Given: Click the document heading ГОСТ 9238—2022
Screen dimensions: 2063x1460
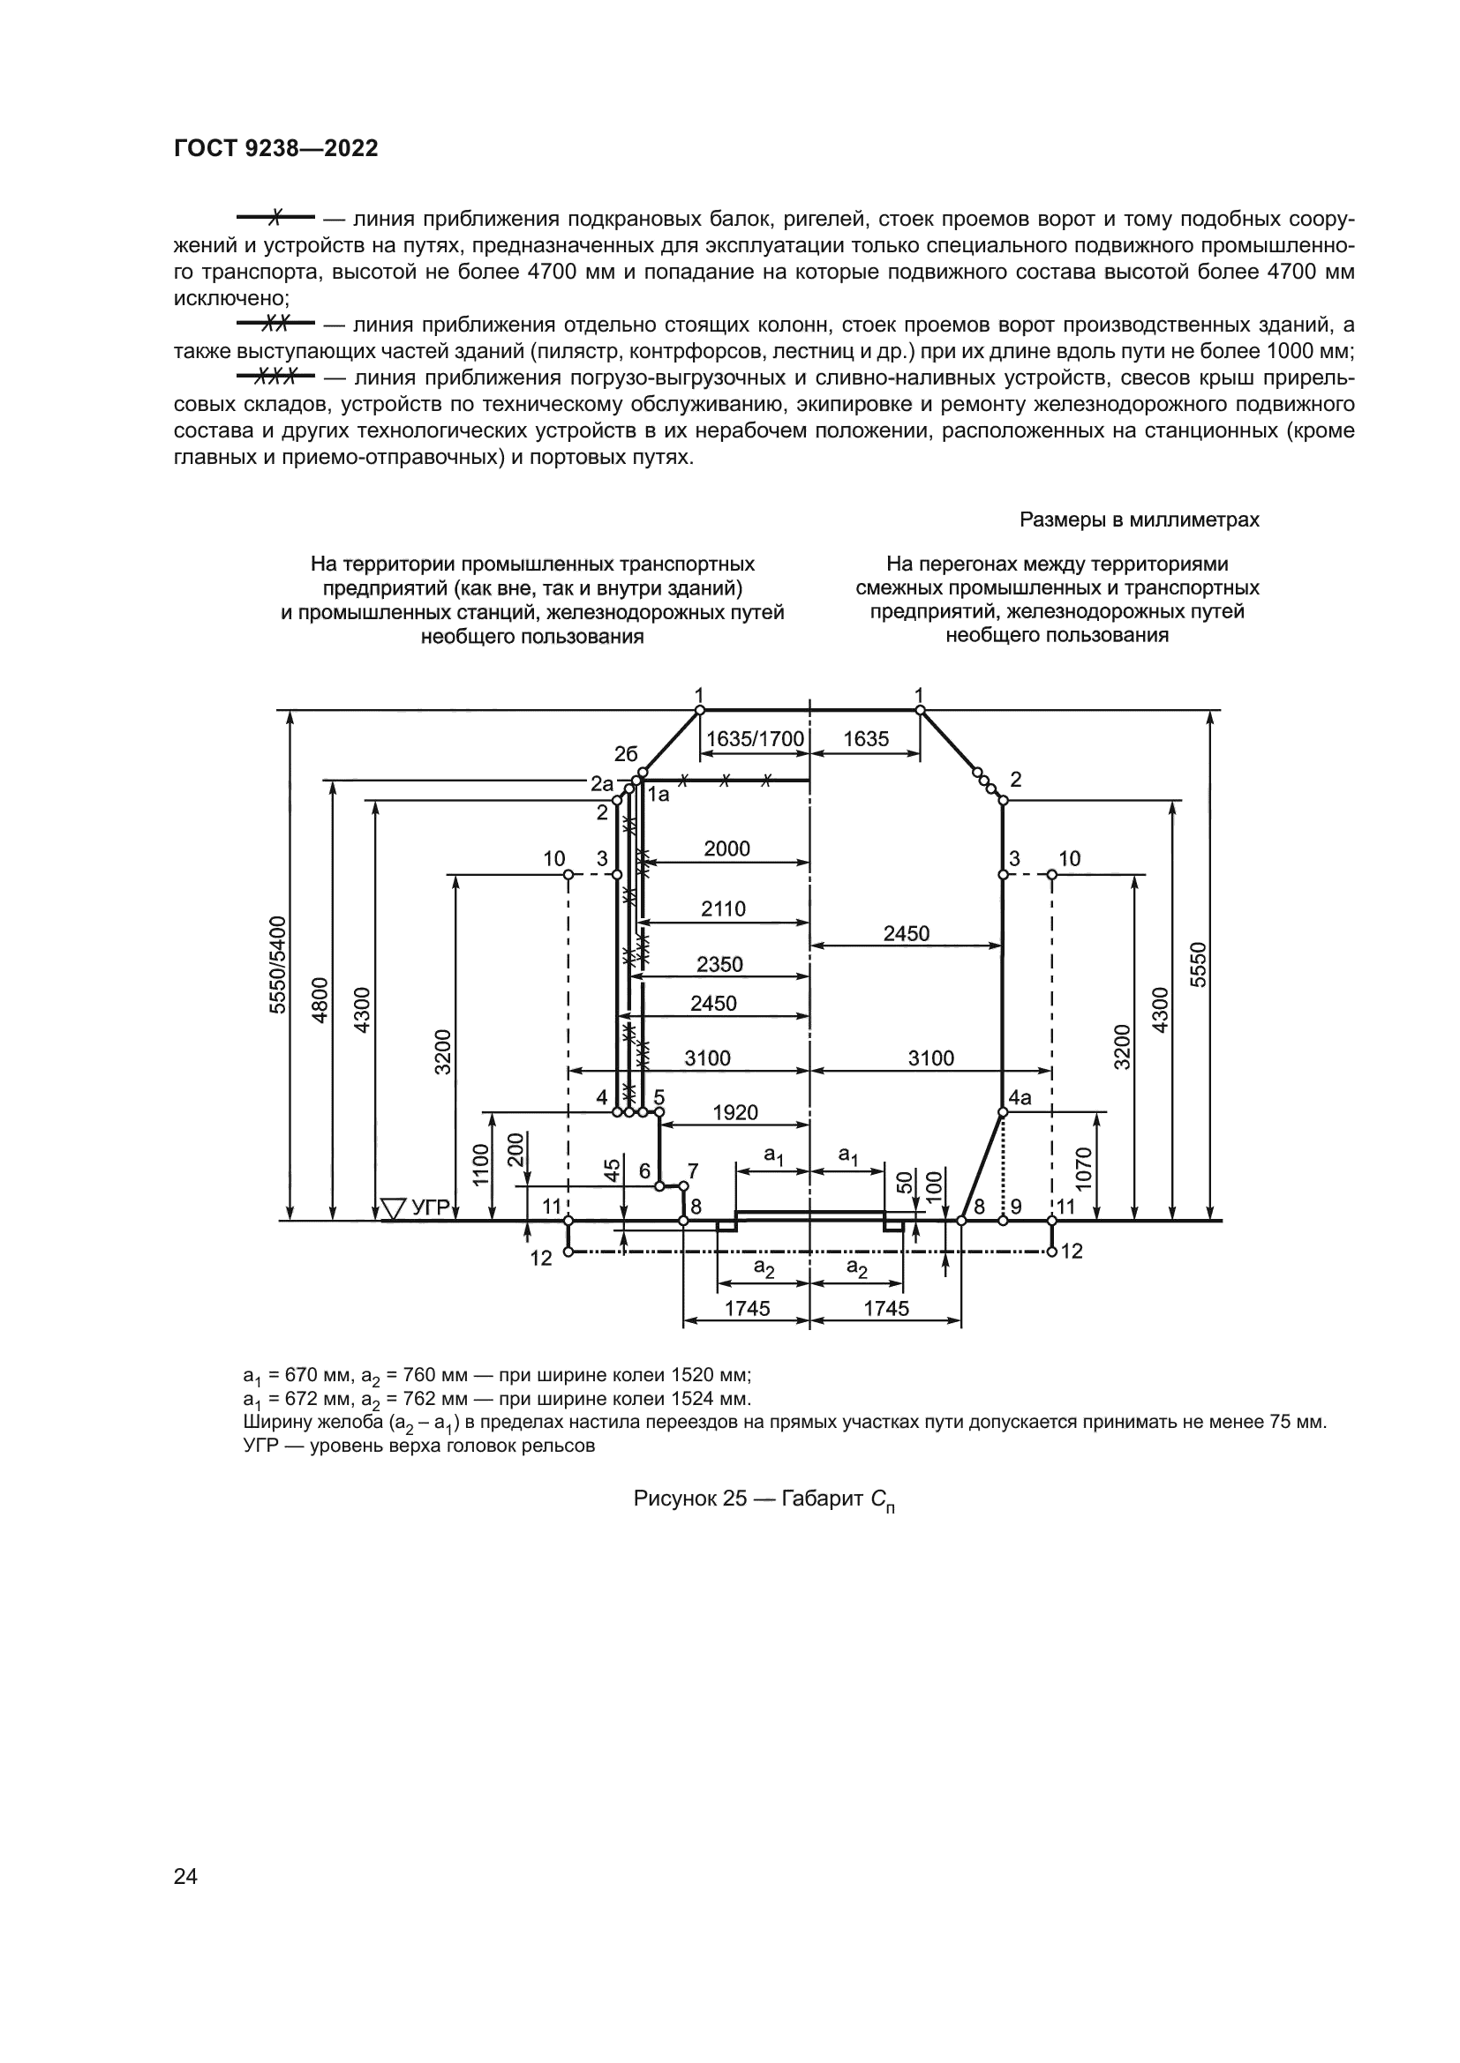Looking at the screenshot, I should [276, 149].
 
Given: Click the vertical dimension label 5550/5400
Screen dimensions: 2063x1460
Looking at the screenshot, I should [279, 964].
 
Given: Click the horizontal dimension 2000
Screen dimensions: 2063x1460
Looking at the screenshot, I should [726, 849].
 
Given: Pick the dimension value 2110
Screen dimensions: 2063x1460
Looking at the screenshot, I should [724, 908].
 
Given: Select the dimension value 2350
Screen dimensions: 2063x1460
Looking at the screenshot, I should [719, 964].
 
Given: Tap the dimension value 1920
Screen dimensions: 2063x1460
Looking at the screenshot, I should [735, 1112].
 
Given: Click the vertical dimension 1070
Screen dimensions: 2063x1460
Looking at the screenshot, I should [1083, 1168].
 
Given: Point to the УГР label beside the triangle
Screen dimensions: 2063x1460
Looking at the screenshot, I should [430, 1207].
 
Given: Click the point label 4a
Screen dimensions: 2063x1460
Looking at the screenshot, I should [1020, 1098].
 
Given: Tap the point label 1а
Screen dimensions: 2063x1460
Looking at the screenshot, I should [659, 794].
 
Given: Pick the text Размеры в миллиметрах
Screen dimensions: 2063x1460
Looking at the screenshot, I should [1139, 519].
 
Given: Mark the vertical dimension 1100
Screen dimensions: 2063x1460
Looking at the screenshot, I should [481, 1164].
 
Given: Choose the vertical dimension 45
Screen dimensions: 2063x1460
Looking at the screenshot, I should [612, 1170].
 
